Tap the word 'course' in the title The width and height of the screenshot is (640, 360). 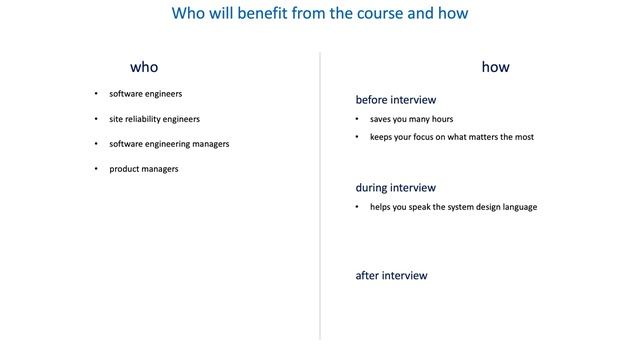(x=389, y=14)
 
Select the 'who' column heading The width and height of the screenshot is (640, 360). (x=144, y=67)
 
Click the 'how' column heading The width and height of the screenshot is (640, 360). (x=495, y=67)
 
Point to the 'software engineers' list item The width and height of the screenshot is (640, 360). (x=146, y=94)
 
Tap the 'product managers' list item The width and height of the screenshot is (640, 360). (x=144, y=169)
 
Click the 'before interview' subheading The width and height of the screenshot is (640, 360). (x=397, y=99)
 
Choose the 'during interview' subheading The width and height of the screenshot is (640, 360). (x=396, y=187)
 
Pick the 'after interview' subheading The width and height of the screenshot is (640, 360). (x=391, y=275)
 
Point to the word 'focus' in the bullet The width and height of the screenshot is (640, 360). (x=426, y=137)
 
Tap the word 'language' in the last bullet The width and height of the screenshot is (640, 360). (x=518, y=207)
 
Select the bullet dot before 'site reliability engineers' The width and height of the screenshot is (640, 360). (x=96, y=119)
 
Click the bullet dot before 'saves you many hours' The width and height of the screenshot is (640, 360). (x=358, y=119)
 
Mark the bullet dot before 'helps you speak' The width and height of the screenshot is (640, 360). (x=358, y=207)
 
